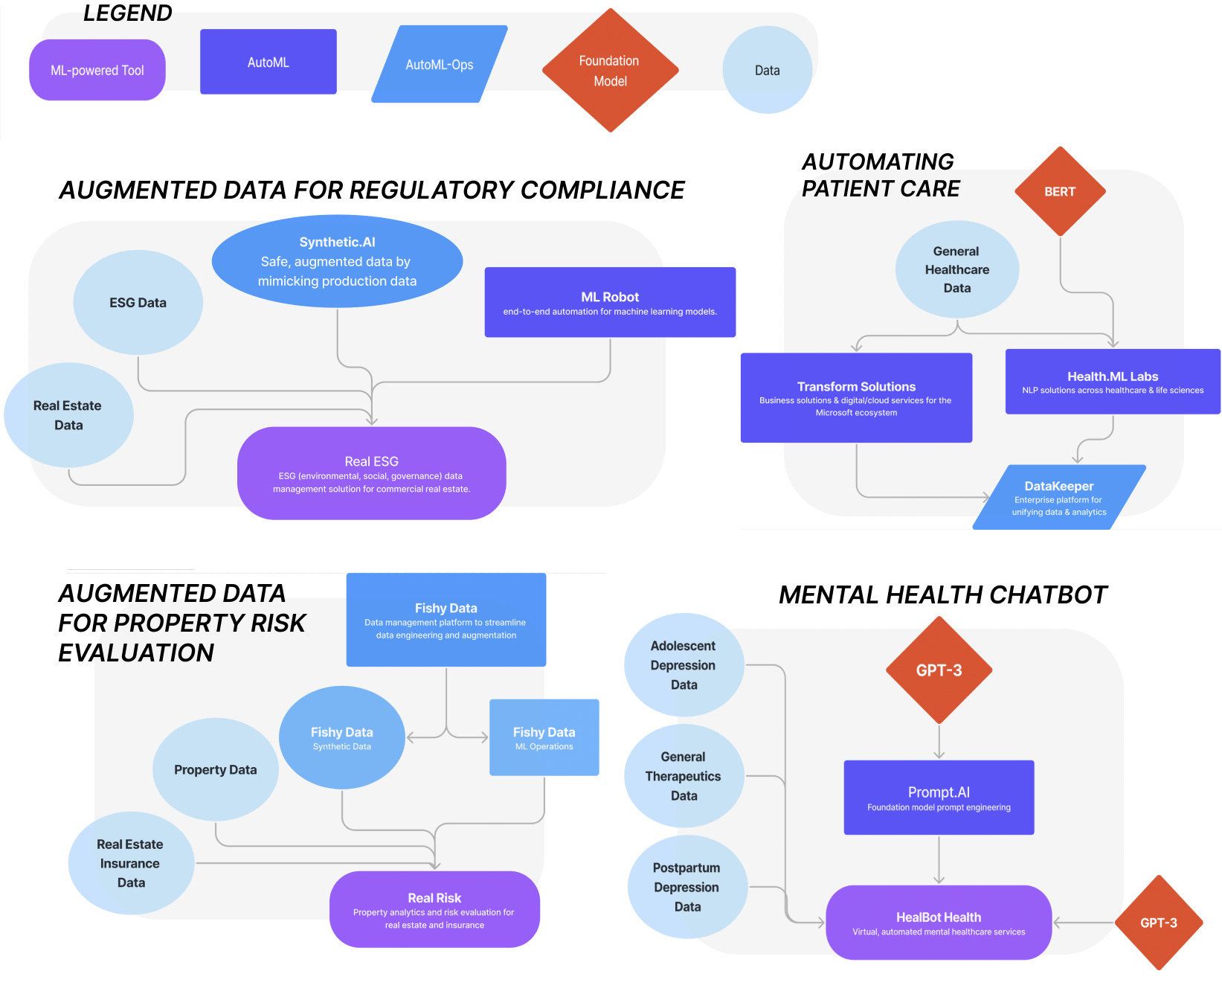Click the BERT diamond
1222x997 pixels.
coord(1060,191)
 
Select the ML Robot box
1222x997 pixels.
coord(610,302)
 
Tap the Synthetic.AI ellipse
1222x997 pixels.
coord(337,261)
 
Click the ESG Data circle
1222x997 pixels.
coord(138,302)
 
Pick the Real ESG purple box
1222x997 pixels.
coord(371,473)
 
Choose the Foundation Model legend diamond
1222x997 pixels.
coord(610,71)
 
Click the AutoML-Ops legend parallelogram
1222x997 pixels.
coord(439,65)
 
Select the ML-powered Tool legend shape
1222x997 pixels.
coord(97,70)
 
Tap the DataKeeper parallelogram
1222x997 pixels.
coord(1058,497)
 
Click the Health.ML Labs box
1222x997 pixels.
coord(1112,381)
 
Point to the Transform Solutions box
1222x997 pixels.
coord(856,397)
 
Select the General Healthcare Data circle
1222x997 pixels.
coord(956,269)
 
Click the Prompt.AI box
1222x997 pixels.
coord(939,797)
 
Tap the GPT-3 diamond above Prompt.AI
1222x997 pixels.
coord(939,670)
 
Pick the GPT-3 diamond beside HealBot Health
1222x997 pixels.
coord(1158,923)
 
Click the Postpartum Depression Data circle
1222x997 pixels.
coord(686,887)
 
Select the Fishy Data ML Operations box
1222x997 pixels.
coord(544,737)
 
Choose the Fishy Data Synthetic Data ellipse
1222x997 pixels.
coord(341,737)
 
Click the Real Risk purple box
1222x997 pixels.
coord(434,909)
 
